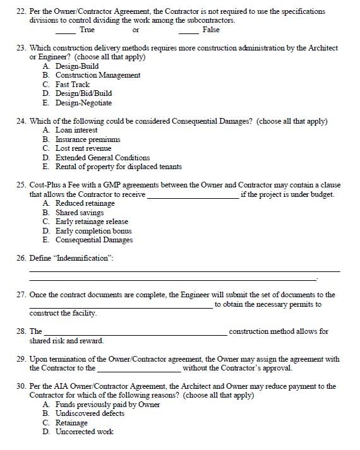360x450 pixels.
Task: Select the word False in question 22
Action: (211, 30)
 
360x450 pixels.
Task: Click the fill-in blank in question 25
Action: (192, 196)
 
